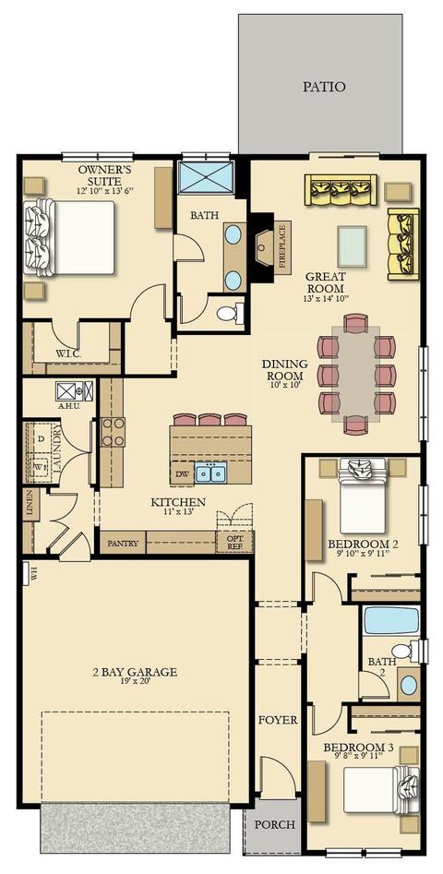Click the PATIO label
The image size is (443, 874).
pyautogui.click(x=324, y=87)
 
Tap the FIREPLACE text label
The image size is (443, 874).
pyautogui.click(x=282, y=247)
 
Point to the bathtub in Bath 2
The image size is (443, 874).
pyautogui.click(x=391, y=620)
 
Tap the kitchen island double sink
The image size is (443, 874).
pyautogui.click(x=210, y=473)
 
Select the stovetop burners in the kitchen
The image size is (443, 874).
pyautogui.click(x=114, y=432)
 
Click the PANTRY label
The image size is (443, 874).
pyautogui.click(x=123, y=543)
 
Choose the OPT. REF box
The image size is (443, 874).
pyautogui.click(x=234, y=543)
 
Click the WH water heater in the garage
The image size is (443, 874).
pyautogui.click(x=27, y=573)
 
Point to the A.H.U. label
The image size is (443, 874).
pyautogui.click(x=69, y=406)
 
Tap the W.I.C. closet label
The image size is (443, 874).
pyautogui.click(x=69, y=353)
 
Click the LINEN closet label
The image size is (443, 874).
pyautogui.click(x=30, y=506)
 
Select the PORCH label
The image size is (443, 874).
pyautogui.click(x=275, y=824)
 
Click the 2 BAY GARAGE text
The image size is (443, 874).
pyautogui.click(x=135, y=672)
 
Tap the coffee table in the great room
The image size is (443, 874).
pyautogui.click(x=353, y=247)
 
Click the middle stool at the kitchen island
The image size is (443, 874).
pyautogui.click(x=210, y=420)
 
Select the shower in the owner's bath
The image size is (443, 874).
pyautogui.click(x=206, y=177)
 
